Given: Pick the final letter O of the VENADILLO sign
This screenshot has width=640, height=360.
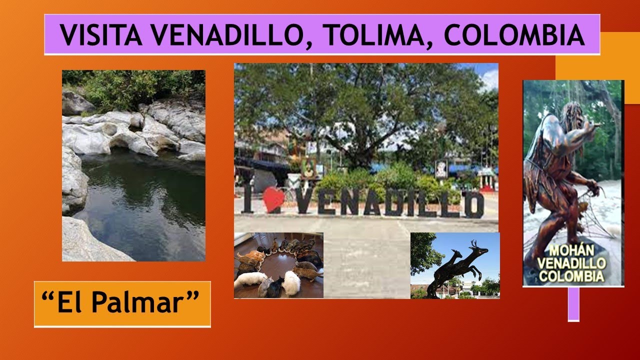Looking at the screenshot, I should [x=473, y=204].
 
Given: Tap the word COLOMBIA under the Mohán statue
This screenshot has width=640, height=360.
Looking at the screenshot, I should [x=573, y=276].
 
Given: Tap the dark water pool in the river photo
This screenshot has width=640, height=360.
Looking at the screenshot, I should [x=145, y=200].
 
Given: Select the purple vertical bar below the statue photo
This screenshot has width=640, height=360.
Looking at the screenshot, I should [x=573, y=303].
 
